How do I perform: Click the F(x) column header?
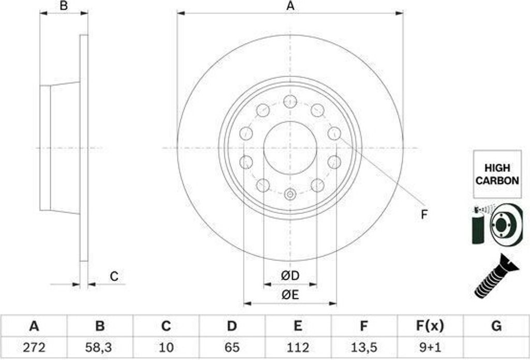click(430, 326)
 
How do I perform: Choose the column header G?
click(496, 326)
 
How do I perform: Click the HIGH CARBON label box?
click(497, 175)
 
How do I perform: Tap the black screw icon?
click(495, 277)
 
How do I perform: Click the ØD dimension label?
click(290, 276)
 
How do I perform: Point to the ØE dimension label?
click(290, 295)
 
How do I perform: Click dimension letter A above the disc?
click(290, 6)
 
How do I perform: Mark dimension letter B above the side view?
click(64, 6)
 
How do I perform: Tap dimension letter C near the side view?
click(114, 277)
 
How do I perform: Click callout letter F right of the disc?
click(424, 214)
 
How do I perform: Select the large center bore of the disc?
click(290, 148)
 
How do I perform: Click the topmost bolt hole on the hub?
click(290, 101)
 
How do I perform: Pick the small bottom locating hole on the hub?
click(290, 195)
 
